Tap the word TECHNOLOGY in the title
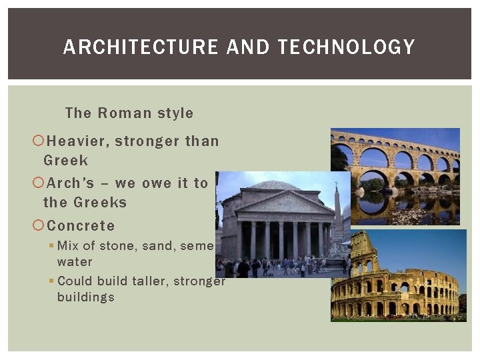pos(346,47)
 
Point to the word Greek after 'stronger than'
pos(65,161)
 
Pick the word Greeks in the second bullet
pos(100,203)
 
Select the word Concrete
pos(81,226)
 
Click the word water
pos(75,262)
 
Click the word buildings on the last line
pos(85,297)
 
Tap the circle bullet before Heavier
pos(38,141)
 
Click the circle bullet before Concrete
pos(38,226)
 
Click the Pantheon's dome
pos(275,185)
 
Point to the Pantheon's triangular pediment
pos(277,203)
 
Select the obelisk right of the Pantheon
pos(337,213)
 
